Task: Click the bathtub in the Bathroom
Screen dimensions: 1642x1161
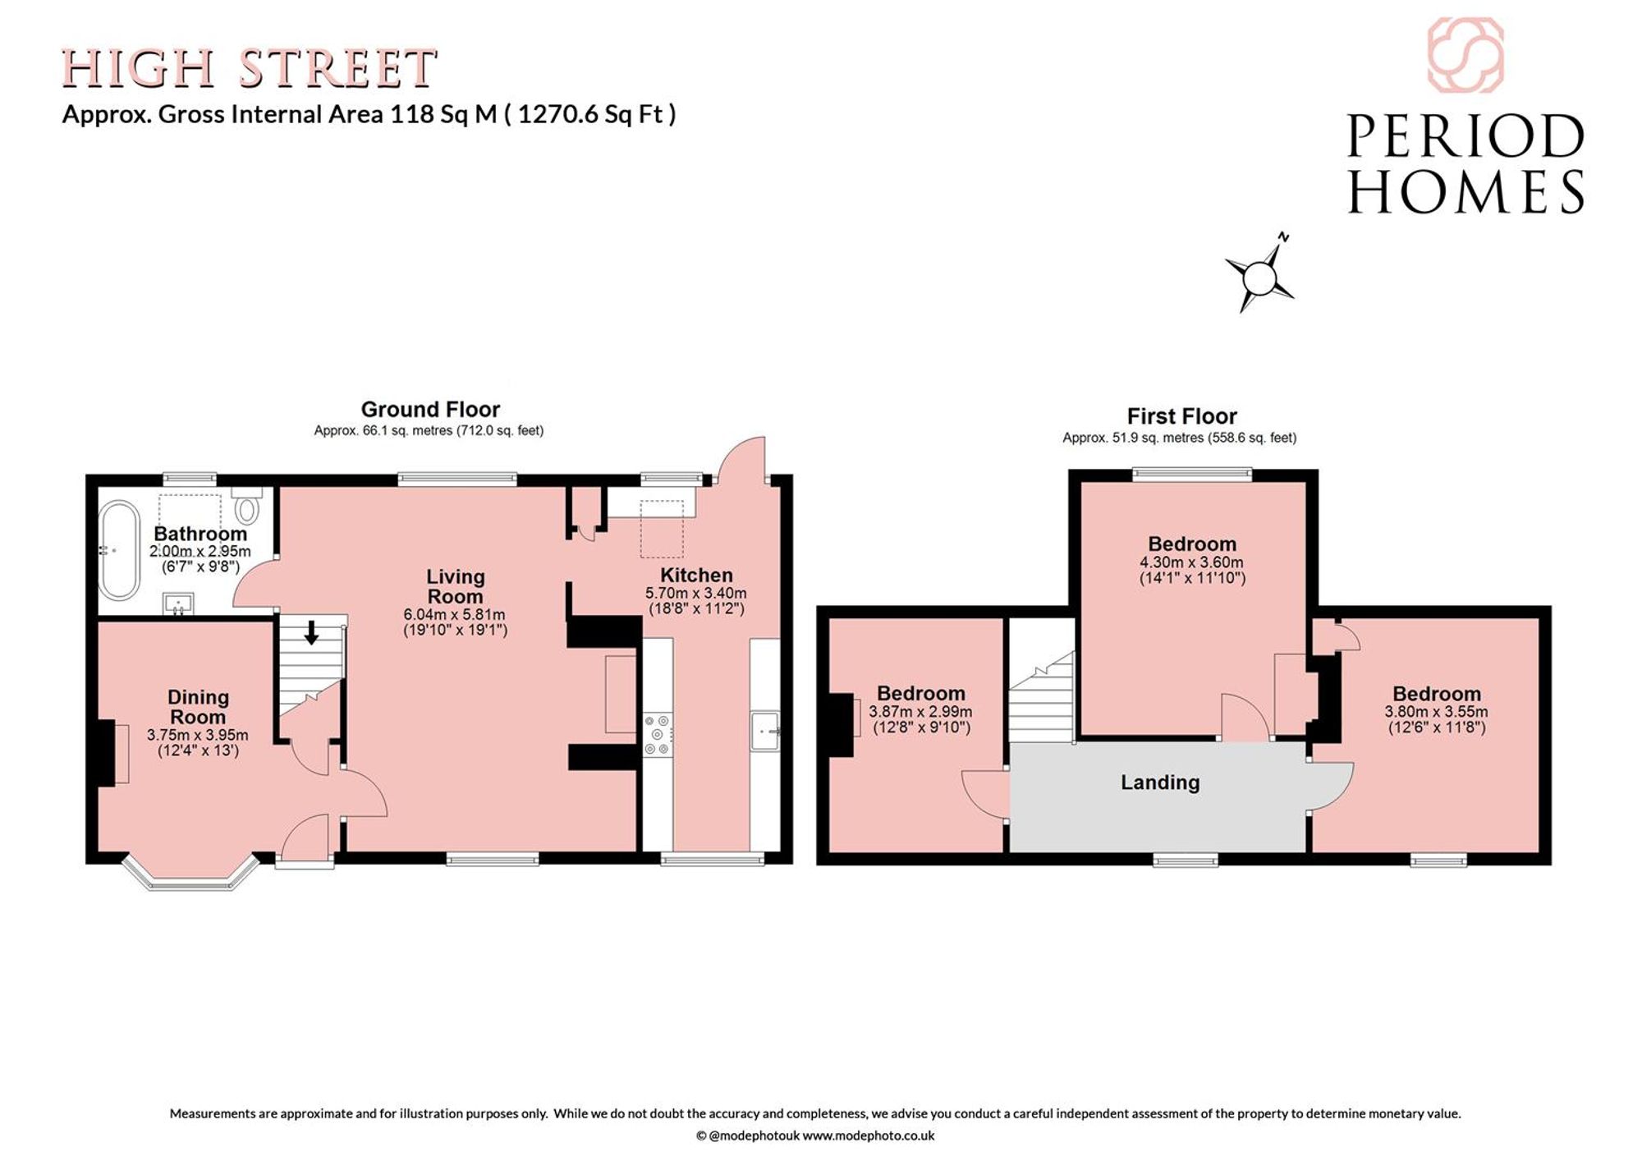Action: point(120,550)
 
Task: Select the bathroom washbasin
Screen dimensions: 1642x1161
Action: point(179,603)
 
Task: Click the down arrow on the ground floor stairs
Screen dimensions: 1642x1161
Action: point(312,632)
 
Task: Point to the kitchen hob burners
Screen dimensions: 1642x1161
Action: point(658,735)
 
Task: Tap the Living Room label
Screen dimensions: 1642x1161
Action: point(456,586)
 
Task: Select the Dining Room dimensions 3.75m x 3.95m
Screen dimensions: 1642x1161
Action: point(198,736)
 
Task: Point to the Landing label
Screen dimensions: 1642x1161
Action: point(1160,782)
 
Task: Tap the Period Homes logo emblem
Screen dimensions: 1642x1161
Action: point(1465,55)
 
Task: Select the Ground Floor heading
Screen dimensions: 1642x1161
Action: point(430,409)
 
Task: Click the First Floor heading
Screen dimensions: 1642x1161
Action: point(1181,416)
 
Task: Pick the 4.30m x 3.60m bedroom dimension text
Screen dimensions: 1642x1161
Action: point(1192,563)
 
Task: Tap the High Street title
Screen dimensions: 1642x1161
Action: point(249,68)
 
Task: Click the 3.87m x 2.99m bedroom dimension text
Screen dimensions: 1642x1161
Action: point(921,713)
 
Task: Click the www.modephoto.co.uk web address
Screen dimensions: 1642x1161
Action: point(868,1136)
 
